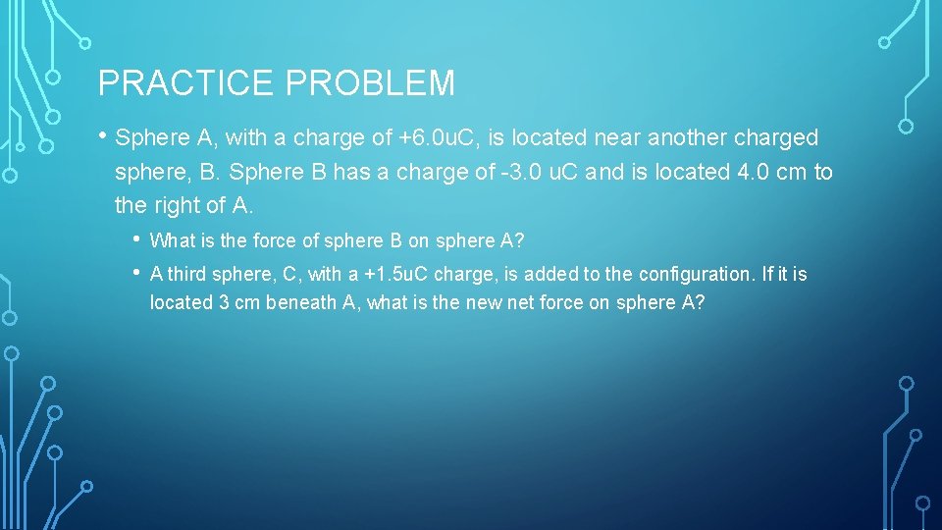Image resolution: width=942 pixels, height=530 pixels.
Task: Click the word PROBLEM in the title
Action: (x=370, y=83)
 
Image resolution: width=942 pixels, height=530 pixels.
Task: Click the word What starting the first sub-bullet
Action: (x=172, y=240)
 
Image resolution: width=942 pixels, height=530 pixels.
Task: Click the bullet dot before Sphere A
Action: (x=102, y=137)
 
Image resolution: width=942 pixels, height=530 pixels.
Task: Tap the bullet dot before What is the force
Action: (x=135, y=238)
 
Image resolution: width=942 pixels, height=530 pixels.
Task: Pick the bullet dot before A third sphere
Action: (x=135, y=272)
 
